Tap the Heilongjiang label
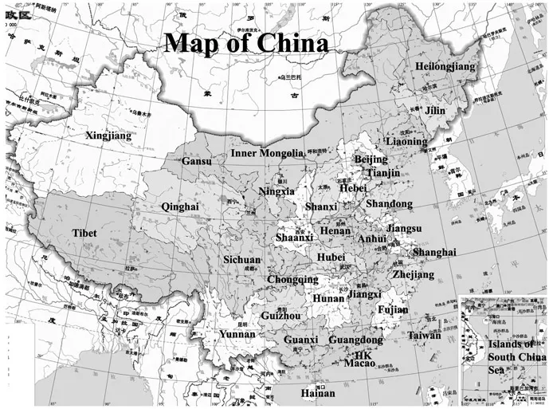tap(445, 67)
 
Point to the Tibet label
tap(84, 233)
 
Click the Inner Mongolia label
tap(267, 152)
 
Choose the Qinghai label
tap(179, 206)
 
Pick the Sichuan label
tap(241, 260)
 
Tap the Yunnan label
tap(237, 334)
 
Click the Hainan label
tap(318, 393)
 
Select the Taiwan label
tap(424, 336)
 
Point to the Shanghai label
tap(434, 252)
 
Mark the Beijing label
tap(371, 159)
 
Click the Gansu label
tap(197, 161)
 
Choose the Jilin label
tap(435, 111)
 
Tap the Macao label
tap(359, 364)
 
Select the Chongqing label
tap(292, 280)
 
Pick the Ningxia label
tap(276, 191)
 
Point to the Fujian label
tap(394, 309)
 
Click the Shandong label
tap(390, 204)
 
